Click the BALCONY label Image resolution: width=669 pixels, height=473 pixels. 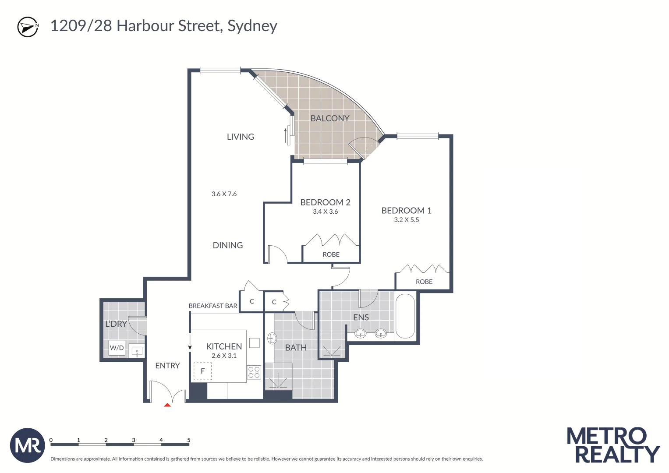(x=329, y=118)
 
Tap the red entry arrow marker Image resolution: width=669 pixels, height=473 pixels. (x=167, y=405)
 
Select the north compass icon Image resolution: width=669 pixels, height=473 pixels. (x=28, y=27)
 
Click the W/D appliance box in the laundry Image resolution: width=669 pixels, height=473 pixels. (x=117, y=348)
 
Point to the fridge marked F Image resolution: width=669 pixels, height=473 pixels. (x=202, y=371)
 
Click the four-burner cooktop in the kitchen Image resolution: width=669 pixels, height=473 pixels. (x=254, y=372)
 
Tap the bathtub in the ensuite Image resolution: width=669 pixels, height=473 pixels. (x=405, y=316)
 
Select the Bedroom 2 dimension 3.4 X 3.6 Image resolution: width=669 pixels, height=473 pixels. (x=325, y=212)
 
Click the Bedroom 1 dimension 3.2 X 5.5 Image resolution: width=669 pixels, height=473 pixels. (x=406, y=220)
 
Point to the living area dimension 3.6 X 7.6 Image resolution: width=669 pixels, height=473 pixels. (x=224, y=194)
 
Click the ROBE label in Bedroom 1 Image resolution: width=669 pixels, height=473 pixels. (x=424, y=282)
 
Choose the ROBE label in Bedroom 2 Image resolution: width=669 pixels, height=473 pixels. (x=331, y=254)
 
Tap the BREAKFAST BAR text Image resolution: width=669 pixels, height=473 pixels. (x=213, y=306)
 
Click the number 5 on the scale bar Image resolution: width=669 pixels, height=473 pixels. (x=189, y=440)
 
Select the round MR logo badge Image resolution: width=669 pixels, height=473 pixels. (x=27, y=445)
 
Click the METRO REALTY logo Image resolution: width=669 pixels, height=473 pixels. (x=613, y=445)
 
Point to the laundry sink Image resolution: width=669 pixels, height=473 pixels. (x=137, y=351)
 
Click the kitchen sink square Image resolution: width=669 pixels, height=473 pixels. (x=255, y=342)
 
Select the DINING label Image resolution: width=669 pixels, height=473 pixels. (x=227, y=245)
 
